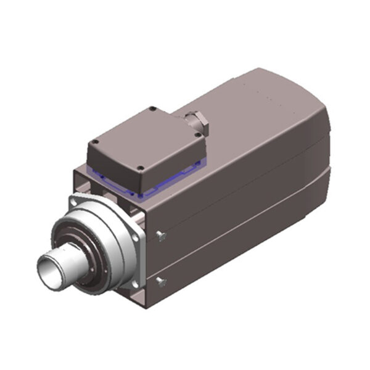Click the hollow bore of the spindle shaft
click(48, 266)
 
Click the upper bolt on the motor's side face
click(162, 235)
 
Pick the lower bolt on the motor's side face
click(162, 282)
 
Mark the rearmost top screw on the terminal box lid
click(152, 111)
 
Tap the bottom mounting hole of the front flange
click(131, 286)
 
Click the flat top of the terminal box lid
click(146, 138)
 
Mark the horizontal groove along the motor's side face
click(247, 222)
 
